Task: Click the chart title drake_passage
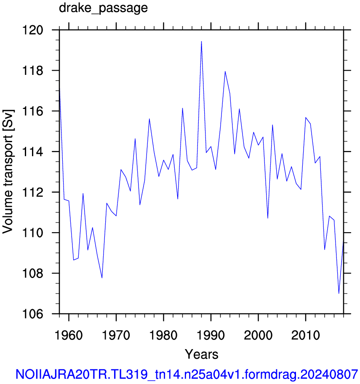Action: tap(103, 8)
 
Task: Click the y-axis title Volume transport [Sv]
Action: tap(8, 172)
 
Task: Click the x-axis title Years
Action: tap(201, 354)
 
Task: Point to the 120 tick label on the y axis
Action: tap(32, 30)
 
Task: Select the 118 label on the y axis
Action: tap(32, 71)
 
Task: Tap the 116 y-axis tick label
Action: tap(32, 111)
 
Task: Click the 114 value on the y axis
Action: tap(32, 152)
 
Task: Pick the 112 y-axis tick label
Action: tap(32, 193)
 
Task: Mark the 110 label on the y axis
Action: tap(32, 233)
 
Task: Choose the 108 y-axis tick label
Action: tap(32, 273)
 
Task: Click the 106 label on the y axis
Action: tap(32, 314)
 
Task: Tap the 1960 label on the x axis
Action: tap(69, 335)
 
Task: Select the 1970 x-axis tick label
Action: tap(116, 335)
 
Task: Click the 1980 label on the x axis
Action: tap(163, 335)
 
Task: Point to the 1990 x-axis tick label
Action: tap(211, 335)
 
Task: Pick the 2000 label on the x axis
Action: tap(258, 335)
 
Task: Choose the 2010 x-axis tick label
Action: tap(305, 335)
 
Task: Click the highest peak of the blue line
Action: tap(201, 41)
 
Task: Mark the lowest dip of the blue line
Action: tap(339, 293)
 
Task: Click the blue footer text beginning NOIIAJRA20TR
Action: tap(187, 374)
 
